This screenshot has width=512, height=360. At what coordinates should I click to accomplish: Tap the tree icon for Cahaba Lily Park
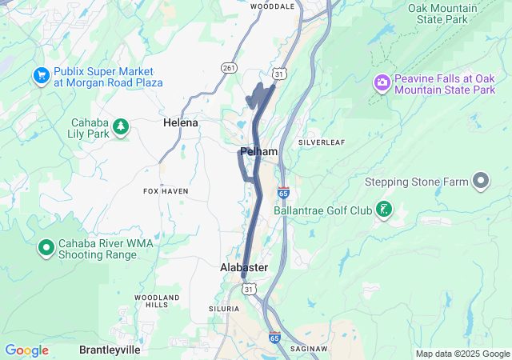[x=121, y=126]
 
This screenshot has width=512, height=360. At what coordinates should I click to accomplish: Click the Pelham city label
[x=258, y=151]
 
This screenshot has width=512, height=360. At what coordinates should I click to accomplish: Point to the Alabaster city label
[x=244, y=267]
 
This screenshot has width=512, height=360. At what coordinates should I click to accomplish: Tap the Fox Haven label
[x=166, y=191]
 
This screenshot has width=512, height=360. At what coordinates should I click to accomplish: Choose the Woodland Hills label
[x=151, y=301]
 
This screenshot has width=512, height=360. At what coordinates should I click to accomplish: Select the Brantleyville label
[x=110, y=350]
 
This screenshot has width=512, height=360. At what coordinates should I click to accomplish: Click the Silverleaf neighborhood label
[x=321, y=142]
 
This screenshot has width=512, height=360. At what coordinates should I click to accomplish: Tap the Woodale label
[x=272, y=6]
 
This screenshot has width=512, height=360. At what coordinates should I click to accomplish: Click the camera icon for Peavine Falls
[x=382, y=82]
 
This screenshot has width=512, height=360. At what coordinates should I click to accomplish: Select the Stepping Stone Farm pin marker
[x=481, y=182]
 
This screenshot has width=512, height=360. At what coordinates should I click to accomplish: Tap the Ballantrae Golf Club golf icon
[x=384, y=210]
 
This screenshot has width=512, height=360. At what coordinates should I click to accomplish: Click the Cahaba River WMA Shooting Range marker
[x=46, y=248]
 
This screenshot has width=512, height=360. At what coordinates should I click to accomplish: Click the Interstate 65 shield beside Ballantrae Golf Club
[x=284, y=193]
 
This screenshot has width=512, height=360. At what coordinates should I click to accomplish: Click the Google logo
[x=26, y=350]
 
